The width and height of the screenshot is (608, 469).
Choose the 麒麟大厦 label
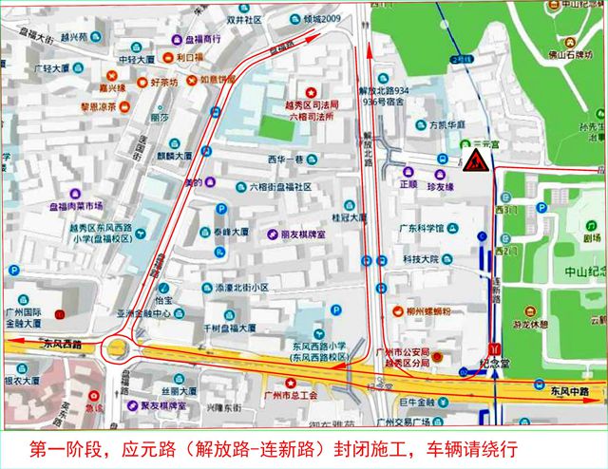175,154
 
